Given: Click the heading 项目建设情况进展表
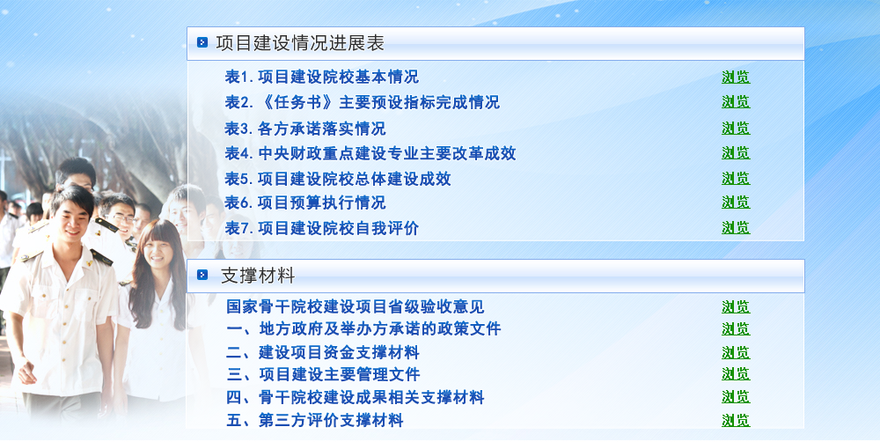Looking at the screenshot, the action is (x=300, y=43).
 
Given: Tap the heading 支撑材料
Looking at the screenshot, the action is (x=258, y=276).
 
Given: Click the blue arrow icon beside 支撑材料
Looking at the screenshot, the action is (x=202, y=275).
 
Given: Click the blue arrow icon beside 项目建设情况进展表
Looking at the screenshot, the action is (x=202, y=42).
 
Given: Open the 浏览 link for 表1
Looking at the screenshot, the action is (x=736, y=77).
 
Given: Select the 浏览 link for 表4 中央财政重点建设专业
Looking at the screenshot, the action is (x=736, y=152).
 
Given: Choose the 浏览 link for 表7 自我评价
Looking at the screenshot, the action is (x=736, y=227).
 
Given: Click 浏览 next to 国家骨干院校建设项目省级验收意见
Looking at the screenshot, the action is (x=736, y=307).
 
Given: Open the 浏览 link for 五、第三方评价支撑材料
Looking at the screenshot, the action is (x=736, y=421).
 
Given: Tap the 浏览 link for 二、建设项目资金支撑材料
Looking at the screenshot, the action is (x=736, y=353).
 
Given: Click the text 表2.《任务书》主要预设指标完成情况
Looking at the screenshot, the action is (x=362, y=102).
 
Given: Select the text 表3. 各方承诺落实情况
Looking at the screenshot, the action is (x=305, y=129).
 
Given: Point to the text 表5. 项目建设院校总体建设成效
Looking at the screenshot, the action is (x=338, y=179).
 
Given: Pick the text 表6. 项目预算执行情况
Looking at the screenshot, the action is (x=305, y=203).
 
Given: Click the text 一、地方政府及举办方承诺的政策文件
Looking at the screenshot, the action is (x=363, y=328).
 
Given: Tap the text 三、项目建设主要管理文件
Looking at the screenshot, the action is (x=323, y=374).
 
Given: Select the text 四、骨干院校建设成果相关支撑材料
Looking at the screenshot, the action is (x=356, y=397).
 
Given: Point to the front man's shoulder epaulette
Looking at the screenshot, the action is (x=101, y=257).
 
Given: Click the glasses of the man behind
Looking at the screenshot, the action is (x=123, y=217).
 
